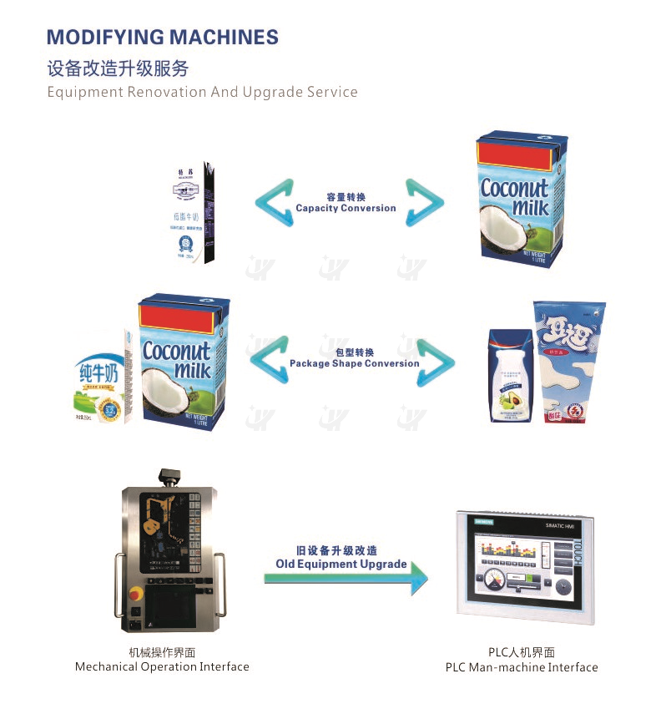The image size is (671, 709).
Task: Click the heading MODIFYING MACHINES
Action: point(163,37)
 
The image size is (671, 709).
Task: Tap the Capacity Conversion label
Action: point(346,208)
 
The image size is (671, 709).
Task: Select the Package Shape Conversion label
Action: point(354,364)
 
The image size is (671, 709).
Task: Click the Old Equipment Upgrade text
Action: point(341,565)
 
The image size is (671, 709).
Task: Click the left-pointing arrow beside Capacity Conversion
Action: point(275,204)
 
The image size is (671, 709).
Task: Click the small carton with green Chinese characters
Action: point(103,376)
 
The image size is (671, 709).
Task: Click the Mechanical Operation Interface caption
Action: point(162,666)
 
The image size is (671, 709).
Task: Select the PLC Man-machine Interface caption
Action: point(522,667)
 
